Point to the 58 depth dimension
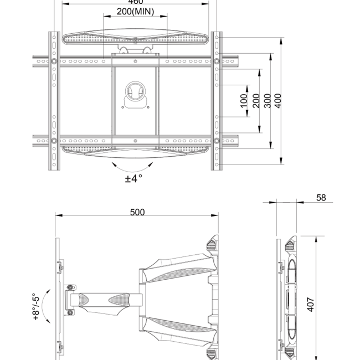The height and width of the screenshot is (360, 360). point(321,198)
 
